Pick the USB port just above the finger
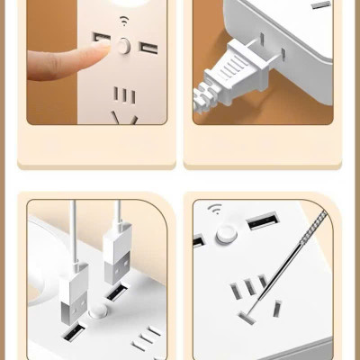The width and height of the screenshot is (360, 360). (x=101, y=39)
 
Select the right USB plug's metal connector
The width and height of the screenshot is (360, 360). (x=117, y=280)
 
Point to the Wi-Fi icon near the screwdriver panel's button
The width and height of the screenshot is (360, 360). (x=214, y=211)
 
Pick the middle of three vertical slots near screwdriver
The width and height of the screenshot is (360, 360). (x=250, y=287)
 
